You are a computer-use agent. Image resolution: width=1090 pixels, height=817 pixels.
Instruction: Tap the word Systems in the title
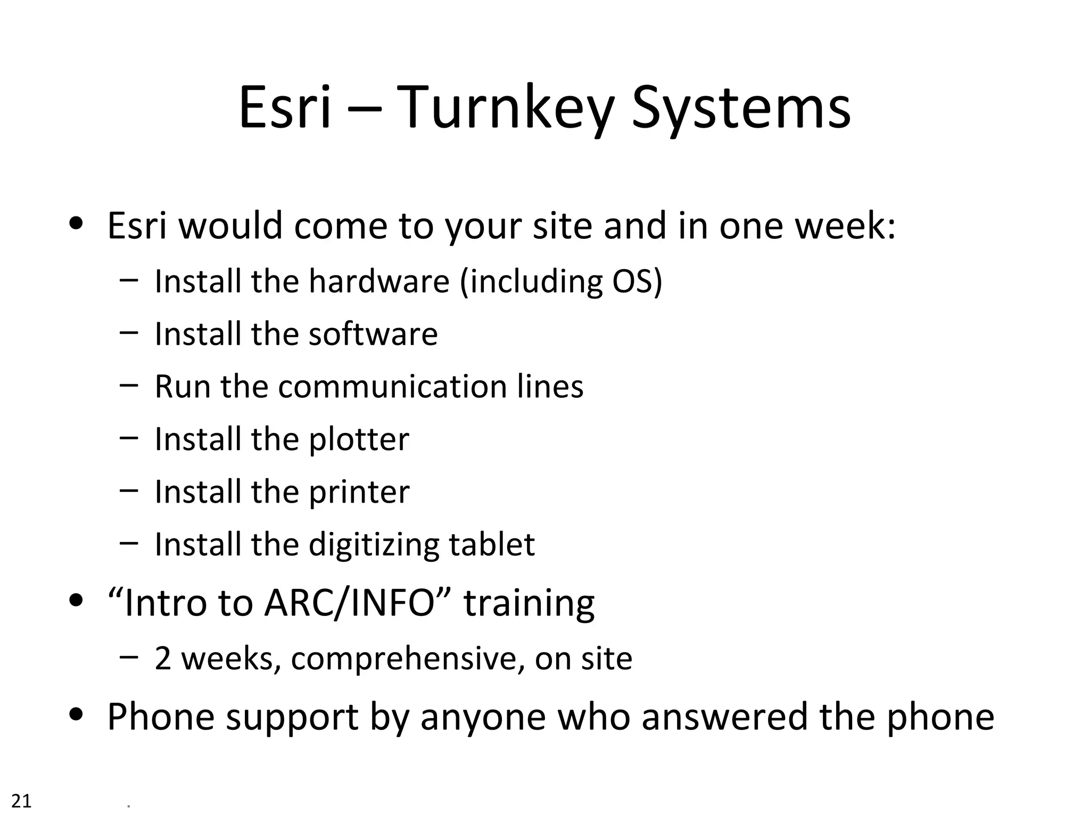coord(741,109)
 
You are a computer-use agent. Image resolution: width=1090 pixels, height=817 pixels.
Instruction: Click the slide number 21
coord(21,801)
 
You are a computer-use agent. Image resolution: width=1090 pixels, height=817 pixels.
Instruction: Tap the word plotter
coord(359,439)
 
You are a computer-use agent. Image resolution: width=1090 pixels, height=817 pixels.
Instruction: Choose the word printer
coord(359,492)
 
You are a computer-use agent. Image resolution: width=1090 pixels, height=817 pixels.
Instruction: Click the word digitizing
coord(374,545)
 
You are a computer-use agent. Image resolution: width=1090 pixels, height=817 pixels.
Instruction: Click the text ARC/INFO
coord(349,603)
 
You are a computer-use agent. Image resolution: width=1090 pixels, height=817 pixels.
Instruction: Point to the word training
coord(529,603)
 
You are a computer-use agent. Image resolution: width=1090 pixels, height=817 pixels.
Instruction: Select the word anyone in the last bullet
coord(483,717)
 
